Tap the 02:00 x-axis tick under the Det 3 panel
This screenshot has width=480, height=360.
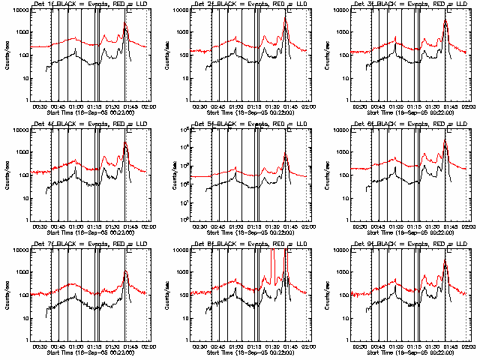coord(468,106)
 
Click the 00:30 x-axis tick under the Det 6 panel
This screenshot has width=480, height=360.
coord(363,226)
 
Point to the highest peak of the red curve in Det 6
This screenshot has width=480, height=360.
coord(445,139)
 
